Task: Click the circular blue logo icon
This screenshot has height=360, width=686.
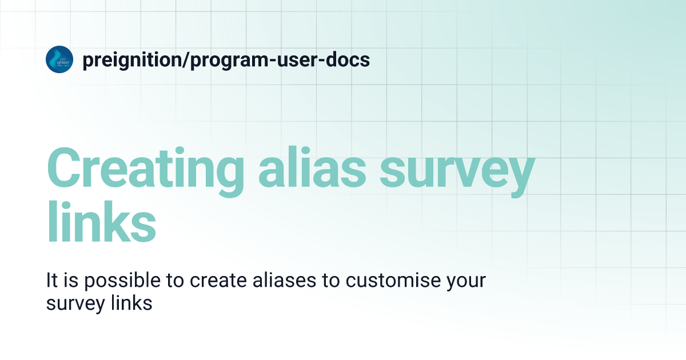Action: tap(59, 59)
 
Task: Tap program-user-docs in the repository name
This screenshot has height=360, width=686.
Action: tap(280, 59)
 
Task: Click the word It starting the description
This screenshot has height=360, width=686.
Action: tap(51, 281)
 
